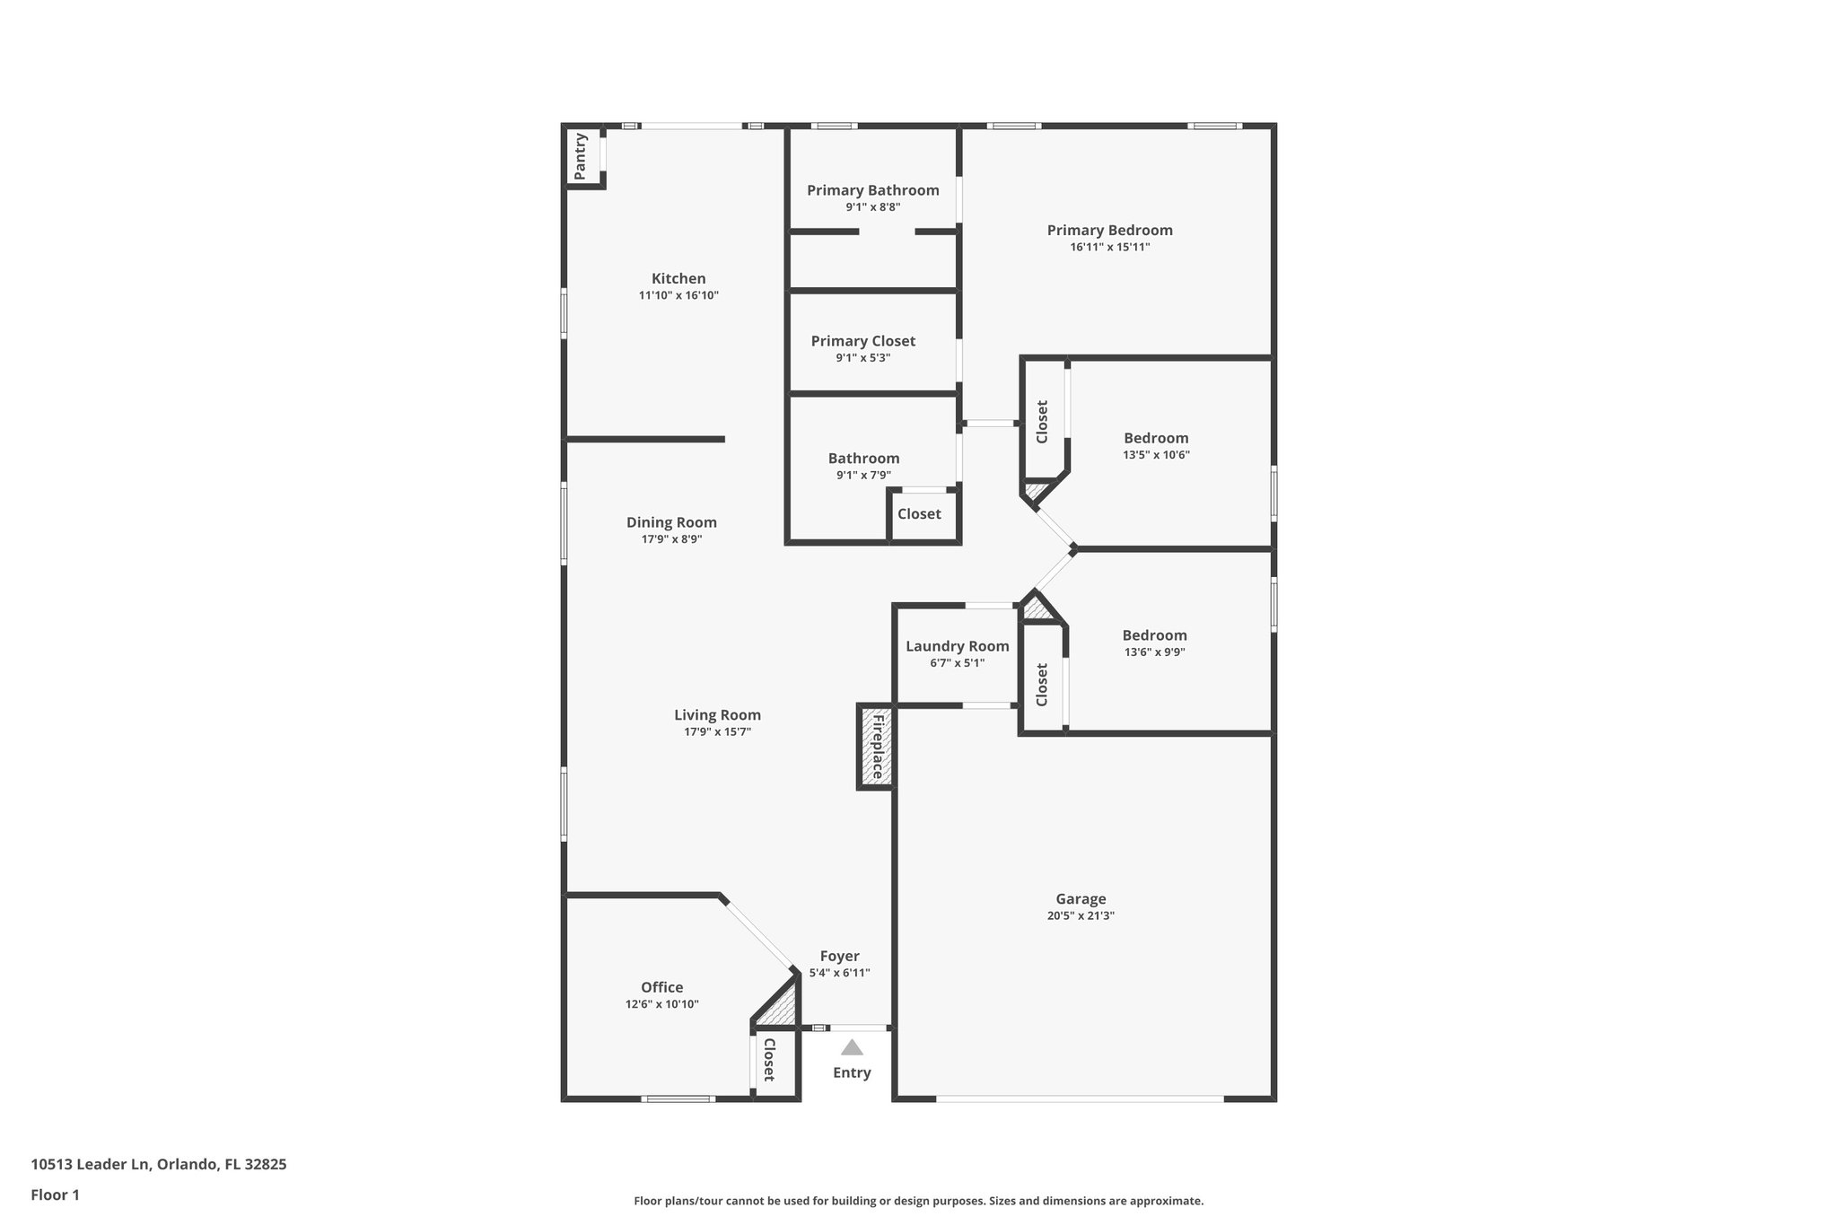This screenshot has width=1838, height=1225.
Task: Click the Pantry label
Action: click(581, 156)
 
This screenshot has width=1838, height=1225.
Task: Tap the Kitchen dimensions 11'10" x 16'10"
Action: click(678, 295)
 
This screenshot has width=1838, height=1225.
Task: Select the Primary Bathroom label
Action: click(872, 190)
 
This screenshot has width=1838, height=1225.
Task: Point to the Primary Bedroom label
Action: click(1109, 231)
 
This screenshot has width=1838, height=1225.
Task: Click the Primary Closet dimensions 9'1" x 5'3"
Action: click(862, 358)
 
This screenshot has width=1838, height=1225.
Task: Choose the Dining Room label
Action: click(671, 522)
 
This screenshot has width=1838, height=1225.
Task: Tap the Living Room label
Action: click(717, 715)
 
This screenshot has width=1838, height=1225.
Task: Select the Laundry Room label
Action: click(957, 646)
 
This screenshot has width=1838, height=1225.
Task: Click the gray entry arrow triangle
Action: click(852, 1047)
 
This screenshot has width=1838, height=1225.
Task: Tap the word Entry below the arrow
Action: click(852, 1072)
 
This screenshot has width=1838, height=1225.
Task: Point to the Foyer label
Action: click(839, 957)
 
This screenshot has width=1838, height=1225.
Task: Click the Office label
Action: click(661, 988)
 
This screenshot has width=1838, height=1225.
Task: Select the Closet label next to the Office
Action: click(769, 1060)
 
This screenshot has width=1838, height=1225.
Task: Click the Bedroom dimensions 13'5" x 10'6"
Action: click(1156, 455)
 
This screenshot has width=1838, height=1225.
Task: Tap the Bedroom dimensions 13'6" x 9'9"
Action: click(1154, 652)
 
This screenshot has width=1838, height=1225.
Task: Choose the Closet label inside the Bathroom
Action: click(919, 514)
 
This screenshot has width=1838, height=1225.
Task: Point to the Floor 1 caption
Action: click(55, 1195)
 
